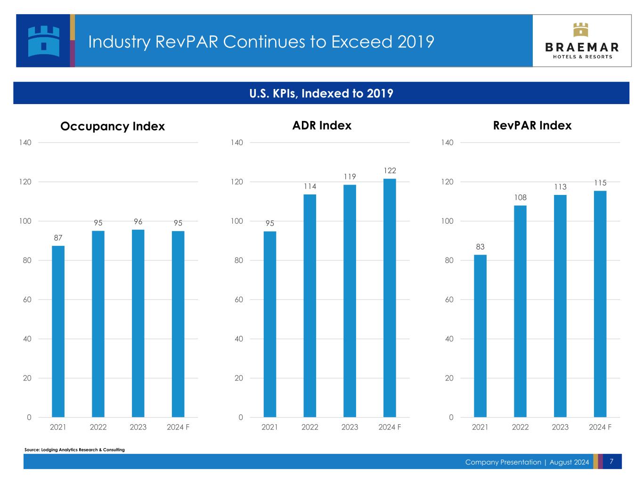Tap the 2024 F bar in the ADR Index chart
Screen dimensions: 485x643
390,298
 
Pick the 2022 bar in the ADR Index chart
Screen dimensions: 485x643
309,306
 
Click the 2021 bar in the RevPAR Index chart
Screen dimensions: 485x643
480,336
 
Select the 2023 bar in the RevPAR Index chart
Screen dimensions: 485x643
560,306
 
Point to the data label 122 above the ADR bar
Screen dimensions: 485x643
390,170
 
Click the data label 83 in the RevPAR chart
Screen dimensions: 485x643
480,247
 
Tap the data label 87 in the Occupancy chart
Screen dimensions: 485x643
58,238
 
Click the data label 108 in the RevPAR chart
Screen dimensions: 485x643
520,197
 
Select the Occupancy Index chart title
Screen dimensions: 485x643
113,126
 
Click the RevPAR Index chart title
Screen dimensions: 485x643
532,125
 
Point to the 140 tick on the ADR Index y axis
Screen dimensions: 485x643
237,142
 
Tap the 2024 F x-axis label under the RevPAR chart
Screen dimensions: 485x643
600,427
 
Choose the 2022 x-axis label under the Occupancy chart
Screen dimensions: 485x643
98,427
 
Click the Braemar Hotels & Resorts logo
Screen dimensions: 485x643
582,41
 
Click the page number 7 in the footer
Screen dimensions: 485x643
611,461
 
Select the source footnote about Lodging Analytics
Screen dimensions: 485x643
74,450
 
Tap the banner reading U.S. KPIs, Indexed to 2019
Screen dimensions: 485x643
321,93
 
